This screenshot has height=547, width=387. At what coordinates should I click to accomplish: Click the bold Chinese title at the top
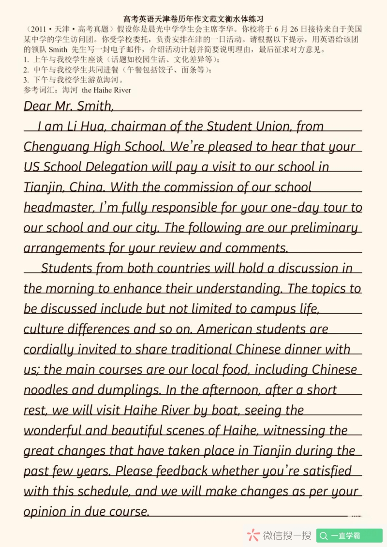pos(193,19)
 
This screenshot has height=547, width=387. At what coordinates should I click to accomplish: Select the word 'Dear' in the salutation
pos(38,106)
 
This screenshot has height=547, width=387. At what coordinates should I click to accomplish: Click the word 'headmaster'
pos(58,208)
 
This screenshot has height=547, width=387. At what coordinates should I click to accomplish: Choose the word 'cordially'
pos(49,350)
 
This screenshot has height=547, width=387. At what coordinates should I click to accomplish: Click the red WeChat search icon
pos(253,535)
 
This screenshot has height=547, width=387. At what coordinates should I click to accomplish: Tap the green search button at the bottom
pos(349,535)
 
